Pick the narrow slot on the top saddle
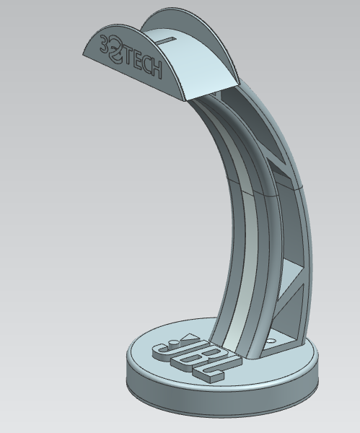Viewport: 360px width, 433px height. [x=169, y=36]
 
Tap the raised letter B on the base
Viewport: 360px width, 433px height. [x=185, y=358]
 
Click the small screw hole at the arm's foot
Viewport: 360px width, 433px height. [x=271, y=338]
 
